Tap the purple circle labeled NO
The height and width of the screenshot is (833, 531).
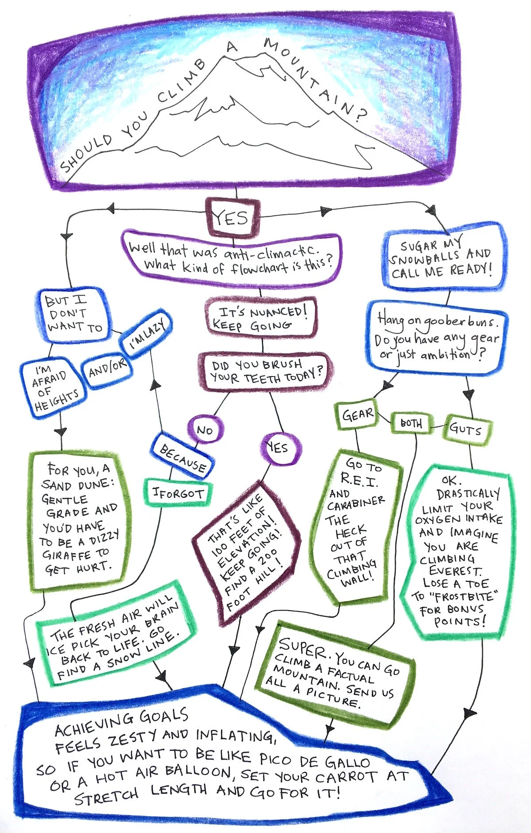[205, 429]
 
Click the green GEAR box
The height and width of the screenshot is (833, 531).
[357, 415]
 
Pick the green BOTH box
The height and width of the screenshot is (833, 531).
[411, 423]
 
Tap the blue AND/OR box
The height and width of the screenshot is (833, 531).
[108, 368]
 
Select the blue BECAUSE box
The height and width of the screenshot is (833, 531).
[182, 458]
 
